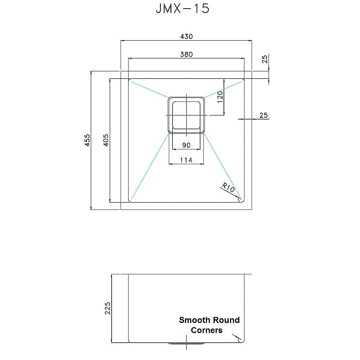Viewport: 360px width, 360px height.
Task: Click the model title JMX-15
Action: pyautogui.click(x=182, y=9)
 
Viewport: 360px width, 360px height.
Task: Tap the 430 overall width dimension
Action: pyautogui.click(x=186, y=36)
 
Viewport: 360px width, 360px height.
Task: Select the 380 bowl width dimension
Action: pyautogui.click(x=186, y=55)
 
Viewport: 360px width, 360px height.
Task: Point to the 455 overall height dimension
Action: pyautogui.click(x=87, y=140)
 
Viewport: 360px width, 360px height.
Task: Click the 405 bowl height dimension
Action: pyautogui.click(x=105, y=140)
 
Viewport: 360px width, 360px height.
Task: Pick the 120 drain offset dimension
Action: pyautogui.click(x=220, y=97)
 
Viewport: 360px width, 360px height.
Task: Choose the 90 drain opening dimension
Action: pyautogui.click(x=186, y=145)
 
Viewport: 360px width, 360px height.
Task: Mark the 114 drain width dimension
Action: pyautogui.click(x=186, y=160)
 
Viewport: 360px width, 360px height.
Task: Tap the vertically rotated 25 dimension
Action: pyautogui.click(x=265, y=59)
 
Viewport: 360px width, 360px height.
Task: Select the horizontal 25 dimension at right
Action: pyautogui.click(x=264, y=115)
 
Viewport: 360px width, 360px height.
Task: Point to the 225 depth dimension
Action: pyautogui.click(x=107, y=308)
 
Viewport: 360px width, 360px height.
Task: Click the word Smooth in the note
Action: pyautogui.click(x=194, y=320)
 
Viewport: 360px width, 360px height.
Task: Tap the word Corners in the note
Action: pyautogui.click(x=207, y=330)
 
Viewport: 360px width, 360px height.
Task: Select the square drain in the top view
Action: pyautogui.click(x=186, y=115)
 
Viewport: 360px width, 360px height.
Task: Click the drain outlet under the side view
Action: pyautogui.click(x=186, y=343)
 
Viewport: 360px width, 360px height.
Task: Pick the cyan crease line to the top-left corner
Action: pyautogui.click(x=149, y=90)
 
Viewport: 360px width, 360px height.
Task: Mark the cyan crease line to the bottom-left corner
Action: pyautogui.click(x=150, y=166)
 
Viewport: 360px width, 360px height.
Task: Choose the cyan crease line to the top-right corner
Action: pyautogui.click(x=223, y=89)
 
